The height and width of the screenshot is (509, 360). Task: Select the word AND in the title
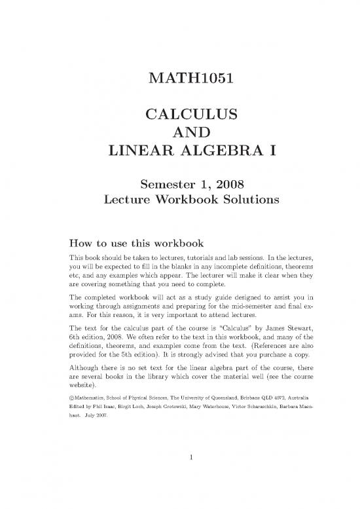(179, 134)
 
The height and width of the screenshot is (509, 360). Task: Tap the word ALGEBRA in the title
(207, 153)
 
